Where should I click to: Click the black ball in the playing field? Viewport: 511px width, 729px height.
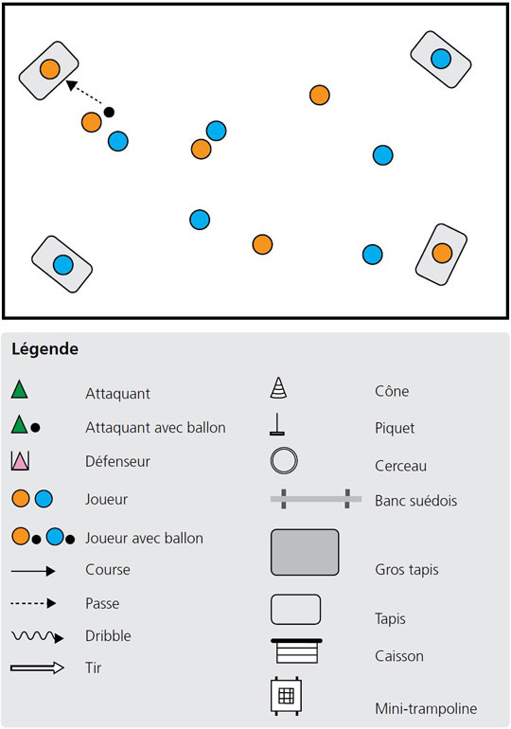[x=109, y=112]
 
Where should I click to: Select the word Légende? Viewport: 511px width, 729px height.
[x=45, y=349]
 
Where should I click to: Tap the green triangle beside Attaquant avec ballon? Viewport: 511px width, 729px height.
[x=19, y=424]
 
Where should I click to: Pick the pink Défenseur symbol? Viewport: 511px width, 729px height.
[x=20, y=461]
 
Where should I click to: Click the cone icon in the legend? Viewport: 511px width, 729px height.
[x=278, y=388]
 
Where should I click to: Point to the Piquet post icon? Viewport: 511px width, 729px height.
[x=277, y=424]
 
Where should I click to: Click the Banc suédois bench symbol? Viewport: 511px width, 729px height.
[x=316, y=499]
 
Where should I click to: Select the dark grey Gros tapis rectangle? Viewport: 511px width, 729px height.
[x=305, y=552]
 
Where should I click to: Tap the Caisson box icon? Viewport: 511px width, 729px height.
[x=296, y=651]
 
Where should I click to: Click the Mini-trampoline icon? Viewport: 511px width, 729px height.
[x=286, y=696]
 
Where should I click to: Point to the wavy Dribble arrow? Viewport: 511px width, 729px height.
[x=37, y=636]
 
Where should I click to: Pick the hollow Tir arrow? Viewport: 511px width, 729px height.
[x=37, y=668]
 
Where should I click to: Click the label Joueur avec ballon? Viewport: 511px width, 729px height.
[x=144, y=539]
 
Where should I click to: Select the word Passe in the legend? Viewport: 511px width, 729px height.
[x=102, y=603]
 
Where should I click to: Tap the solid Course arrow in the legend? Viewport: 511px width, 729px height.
[x=33, y=571]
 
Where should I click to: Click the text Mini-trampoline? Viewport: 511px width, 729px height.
[x=426, y=708]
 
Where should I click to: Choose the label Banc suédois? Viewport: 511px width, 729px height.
[x=415, y=501]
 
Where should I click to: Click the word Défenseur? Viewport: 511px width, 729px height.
[x=117, y=461]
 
